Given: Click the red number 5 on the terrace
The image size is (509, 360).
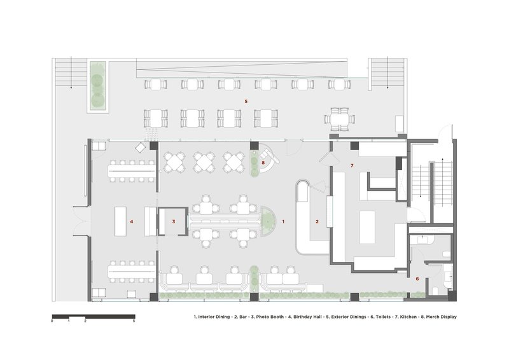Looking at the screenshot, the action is (246, 102).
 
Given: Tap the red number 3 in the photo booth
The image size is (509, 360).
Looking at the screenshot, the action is (174, 222).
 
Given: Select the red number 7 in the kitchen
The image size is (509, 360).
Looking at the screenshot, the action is (352, 166).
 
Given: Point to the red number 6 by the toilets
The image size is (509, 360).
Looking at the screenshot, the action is (417, 279).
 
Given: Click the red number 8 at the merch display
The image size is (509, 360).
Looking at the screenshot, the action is (263, 163).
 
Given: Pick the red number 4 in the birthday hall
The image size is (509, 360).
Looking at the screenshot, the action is (132, 222).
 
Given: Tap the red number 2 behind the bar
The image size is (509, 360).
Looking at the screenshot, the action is (317, 222).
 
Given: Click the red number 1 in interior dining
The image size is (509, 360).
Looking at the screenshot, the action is (283, 222).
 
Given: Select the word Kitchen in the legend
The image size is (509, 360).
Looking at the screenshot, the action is (408, 317).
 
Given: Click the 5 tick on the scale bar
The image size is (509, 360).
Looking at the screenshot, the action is (134, 321).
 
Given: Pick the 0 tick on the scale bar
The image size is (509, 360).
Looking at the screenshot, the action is (52, 321).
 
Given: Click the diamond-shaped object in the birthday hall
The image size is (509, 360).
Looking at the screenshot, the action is (140, 148).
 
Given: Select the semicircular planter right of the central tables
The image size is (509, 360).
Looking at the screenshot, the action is (268, 221).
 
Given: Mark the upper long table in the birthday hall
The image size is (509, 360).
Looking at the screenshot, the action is (132, 170).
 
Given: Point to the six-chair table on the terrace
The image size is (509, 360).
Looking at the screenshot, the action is (340, 119).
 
